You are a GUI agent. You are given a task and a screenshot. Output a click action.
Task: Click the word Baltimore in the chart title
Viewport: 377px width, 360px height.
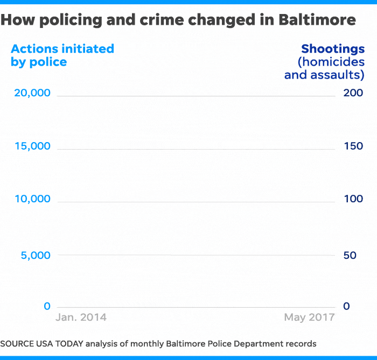point(317,20)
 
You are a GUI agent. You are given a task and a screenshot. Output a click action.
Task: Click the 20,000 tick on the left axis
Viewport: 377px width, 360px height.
point(32,93)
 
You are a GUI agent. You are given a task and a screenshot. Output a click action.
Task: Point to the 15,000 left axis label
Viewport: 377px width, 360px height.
point(32,146)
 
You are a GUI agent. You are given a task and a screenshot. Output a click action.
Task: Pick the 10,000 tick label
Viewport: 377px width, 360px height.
point(32,199)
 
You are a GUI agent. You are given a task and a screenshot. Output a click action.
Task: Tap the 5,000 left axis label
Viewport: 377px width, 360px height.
point(36,255)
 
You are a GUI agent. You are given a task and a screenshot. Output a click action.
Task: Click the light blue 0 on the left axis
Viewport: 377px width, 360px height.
point(47,306)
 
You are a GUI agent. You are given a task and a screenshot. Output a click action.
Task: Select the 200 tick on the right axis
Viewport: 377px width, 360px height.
point(353,93)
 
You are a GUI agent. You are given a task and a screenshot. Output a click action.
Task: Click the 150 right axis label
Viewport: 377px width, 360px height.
point(353,146)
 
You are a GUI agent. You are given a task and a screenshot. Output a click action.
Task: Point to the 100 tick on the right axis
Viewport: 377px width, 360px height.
point(353,199)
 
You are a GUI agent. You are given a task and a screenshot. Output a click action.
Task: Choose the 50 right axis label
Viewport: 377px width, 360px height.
point(350,255)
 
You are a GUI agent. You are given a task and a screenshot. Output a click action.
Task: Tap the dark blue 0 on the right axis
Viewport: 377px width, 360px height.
point(346,306)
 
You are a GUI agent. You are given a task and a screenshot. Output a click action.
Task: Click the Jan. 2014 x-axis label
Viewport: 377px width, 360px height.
point(81,317)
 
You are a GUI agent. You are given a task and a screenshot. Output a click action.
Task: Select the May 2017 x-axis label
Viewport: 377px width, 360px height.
point(309,317)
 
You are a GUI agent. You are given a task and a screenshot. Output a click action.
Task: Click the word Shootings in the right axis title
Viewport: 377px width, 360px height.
point(333,49)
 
